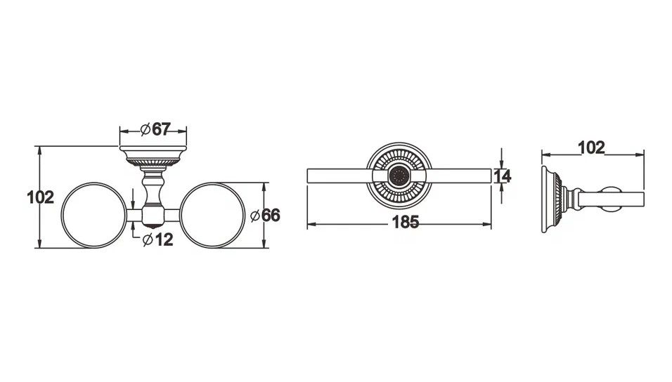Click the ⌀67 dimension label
click(155, 129)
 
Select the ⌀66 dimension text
click(265, 216)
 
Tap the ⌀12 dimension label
click(157, 240)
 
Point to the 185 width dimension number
click(406, 222)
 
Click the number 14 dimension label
click(503, 176)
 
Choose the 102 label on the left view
click(41, 197)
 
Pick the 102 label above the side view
click(591, 147)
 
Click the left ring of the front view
click(62, 216)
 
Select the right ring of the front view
click(245, 216)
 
